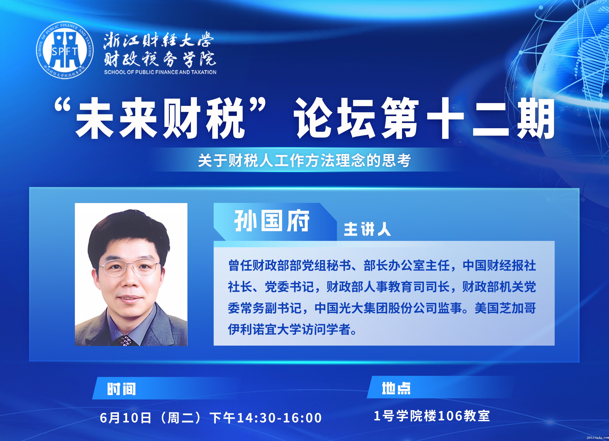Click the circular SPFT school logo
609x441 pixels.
click(65, 50)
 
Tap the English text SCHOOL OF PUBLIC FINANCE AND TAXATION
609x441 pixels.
click(160, 72)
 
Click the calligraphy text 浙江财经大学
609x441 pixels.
click(158, 41)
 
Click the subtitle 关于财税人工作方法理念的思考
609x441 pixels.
click(304, 160)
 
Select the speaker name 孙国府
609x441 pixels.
click(272, 221)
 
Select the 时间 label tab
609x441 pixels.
click(121, 389)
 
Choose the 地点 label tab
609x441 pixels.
click(396, 388)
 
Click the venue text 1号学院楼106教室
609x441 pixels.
click(432, 416)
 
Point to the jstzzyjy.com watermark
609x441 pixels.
click(598, 438)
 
